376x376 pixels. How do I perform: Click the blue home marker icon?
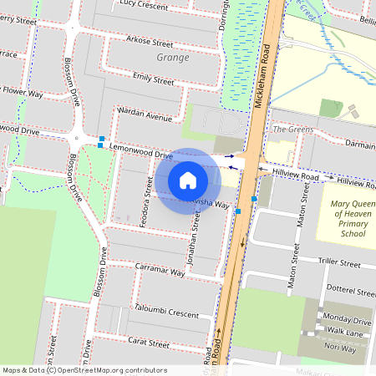point(188,180)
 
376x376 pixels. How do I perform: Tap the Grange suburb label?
point(172,58)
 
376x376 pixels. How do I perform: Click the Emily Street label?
point(154,79)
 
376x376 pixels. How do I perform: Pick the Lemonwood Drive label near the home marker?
point(141,151)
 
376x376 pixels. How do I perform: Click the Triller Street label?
point(338,262)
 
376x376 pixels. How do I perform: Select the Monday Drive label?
point(347,320)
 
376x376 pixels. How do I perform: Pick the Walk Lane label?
point(343,333)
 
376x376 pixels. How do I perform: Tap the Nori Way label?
point(340,348)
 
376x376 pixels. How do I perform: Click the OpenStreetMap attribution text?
point(84,370)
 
